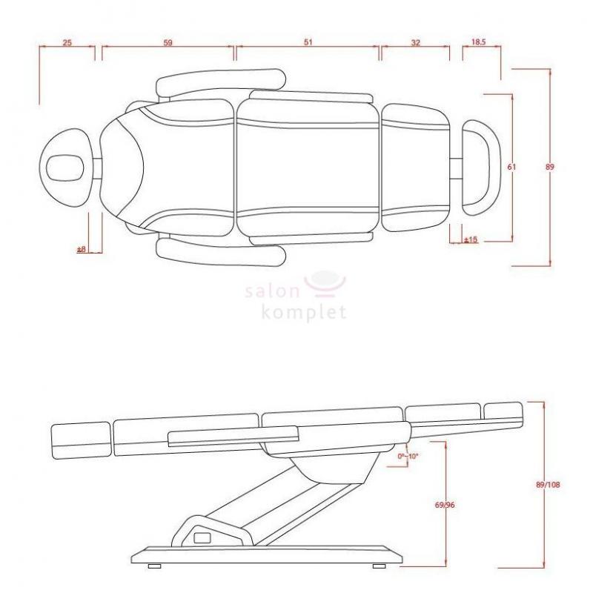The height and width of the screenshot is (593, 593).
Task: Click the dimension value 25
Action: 67,42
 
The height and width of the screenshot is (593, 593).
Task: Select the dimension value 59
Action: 168,42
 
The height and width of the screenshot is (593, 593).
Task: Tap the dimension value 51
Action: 308,42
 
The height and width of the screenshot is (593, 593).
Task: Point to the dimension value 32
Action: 415,42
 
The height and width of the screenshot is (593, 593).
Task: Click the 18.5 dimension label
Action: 478,42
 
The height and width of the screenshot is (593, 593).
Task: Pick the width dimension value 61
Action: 511,166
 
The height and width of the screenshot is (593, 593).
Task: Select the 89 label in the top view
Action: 550,166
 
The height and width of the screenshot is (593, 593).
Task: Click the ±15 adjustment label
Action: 471,239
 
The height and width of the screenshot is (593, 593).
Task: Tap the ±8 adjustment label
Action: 82,249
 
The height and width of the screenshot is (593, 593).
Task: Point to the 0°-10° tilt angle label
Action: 408,456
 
